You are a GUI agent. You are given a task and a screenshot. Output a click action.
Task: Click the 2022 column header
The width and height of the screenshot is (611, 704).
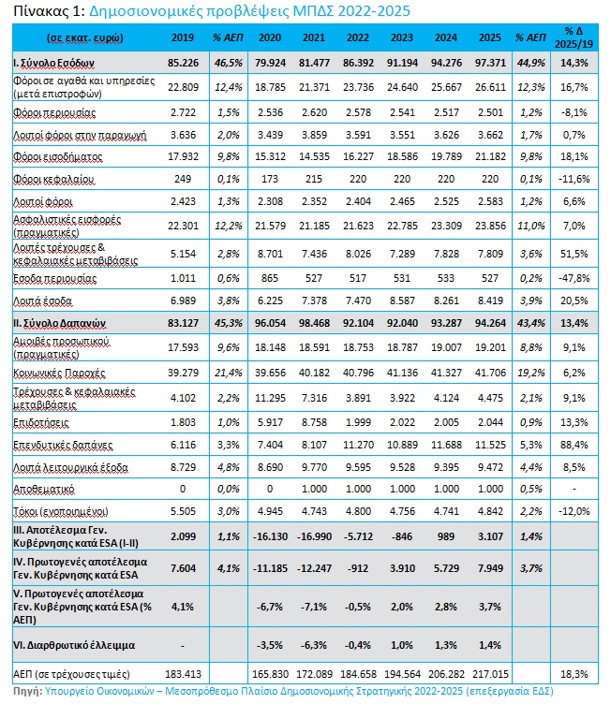click(357, 37)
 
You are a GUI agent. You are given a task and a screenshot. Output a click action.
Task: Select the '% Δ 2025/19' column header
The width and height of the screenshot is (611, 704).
click(574, 37)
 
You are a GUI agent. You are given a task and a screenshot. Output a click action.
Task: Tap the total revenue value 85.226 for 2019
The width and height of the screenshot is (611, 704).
click(183, 63)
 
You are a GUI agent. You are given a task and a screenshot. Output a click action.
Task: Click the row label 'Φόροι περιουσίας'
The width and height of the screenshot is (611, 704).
click(54, 112)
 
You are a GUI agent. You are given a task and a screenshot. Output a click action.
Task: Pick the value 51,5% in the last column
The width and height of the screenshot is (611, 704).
click(574, 254)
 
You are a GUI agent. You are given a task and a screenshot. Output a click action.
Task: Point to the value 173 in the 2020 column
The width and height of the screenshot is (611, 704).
click(270, 179)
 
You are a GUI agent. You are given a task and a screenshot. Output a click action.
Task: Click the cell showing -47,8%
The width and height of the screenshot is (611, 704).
click(574, 278)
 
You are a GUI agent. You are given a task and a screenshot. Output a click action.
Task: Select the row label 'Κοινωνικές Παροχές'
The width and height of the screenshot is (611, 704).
click(59, 374)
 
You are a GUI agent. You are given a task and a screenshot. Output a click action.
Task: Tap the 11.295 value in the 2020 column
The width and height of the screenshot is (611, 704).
click(270, 398)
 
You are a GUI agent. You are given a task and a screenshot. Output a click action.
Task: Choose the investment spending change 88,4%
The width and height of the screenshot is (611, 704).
click(574, 445)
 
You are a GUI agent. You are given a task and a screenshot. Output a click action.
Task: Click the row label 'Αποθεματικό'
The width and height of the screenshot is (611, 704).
click(44, 490)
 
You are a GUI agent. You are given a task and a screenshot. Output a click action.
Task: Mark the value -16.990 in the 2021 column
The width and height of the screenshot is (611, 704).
click(314, 537)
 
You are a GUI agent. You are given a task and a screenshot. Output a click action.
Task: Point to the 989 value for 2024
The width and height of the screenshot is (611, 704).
click(446, 537)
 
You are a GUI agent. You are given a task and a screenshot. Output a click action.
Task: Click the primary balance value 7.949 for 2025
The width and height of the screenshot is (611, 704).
click(490, 568)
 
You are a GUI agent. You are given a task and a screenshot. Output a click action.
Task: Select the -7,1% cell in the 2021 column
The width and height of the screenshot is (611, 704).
click(314, 607)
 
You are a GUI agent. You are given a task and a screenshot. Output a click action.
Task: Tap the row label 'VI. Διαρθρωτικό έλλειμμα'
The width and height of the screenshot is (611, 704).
click(74, 646)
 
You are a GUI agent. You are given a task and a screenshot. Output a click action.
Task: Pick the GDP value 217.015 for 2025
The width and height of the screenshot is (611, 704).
click(490, 674)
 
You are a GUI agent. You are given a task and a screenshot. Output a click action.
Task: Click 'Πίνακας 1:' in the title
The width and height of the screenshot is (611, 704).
click(50, 11)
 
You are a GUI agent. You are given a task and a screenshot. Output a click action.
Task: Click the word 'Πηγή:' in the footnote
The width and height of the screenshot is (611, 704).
click(27, 691)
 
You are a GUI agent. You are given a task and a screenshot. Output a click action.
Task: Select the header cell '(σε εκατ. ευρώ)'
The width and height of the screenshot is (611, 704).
click(85, 38)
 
